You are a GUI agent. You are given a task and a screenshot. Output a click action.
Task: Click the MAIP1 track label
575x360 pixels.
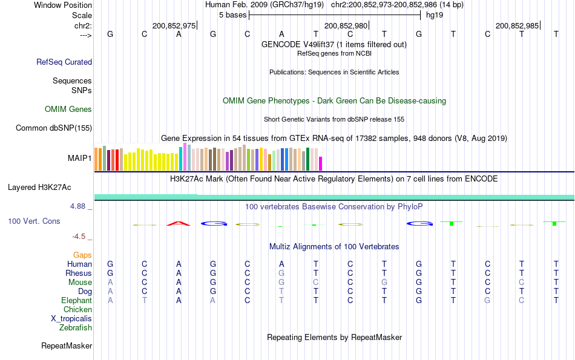coord(80,159)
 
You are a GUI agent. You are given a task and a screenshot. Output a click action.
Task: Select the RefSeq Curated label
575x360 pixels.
coord(64,62)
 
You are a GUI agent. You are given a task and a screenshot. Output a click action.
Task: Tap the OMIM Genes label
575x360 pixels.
coord(68,110)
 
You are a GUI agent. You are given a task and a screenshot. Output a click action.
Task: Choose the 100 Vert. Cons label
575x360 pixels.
coord(34,221)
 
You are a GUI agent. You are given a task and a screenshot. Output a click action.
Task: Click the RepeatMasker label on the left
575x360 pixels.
coord(67,346)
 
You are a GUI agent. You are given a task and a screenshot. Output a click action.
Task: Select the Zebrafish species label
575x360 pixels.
coord(76,328)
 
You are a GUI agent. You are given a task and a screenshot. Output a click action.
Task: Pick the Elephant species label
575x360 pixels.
coord(76,301)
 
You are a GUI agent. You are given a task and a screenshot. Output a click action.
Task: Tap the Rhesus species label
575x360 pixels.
coord(79,273)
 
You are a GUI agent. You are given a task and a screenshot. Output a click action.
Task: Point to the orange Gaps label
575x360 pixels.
coord(82,255)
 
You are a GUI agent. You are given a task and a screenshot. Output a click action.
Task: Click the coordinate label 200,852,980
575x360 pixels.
coord(346,25)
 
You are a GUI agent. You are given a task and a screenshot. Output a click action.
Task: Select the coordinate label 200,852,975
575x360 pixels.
coord(174,25)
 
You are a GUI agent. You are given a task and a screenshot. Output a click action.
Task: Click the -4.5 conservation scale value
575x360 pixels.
coord(80,237)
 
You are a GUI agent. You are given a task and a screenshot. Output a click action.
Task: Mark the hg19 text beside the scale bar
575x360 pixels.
coord(435,15)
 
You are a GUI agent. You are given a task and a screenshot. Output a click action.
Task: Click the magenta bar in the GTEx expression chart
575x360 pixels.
coord(321,163)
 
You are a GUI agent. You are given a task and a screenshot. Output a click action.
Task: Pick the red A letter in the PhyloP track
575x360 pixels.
coord(179,223)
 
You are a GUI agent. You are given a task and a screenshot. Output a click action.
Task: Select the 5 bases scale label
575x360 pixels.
coord(232,15)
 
